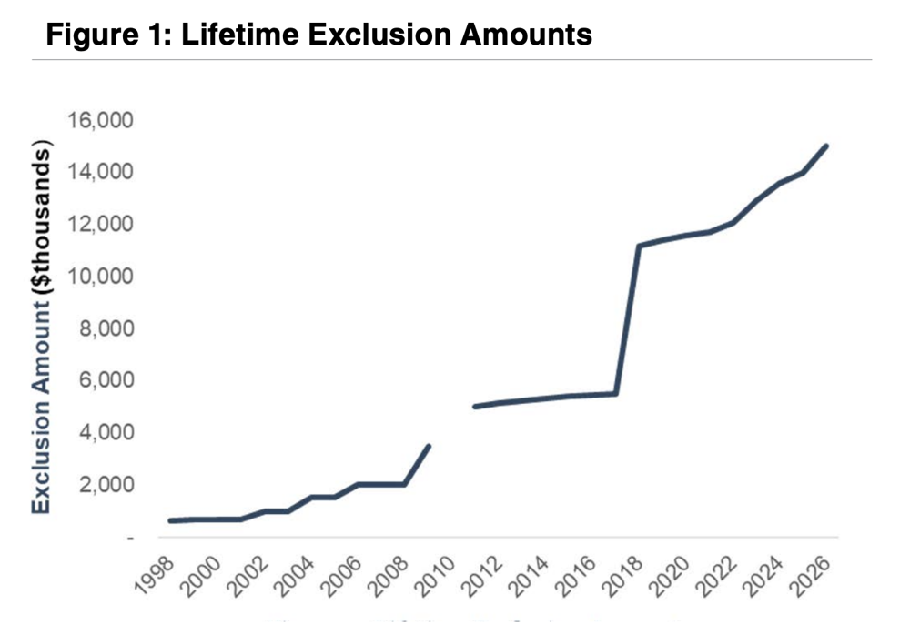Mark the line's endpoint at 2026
click(x=826, y=146)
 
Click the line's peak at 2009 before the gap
click(x=429, y=446)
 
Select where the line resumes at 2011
click(x=475, y=406)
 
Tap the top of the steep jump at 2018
click(x=639, y=246)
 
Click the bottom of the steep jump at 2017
click(x=616, y=393)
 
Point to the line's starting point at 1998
click(x=170, y=520)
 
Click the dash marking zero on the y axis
click(x=131, y=538)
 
